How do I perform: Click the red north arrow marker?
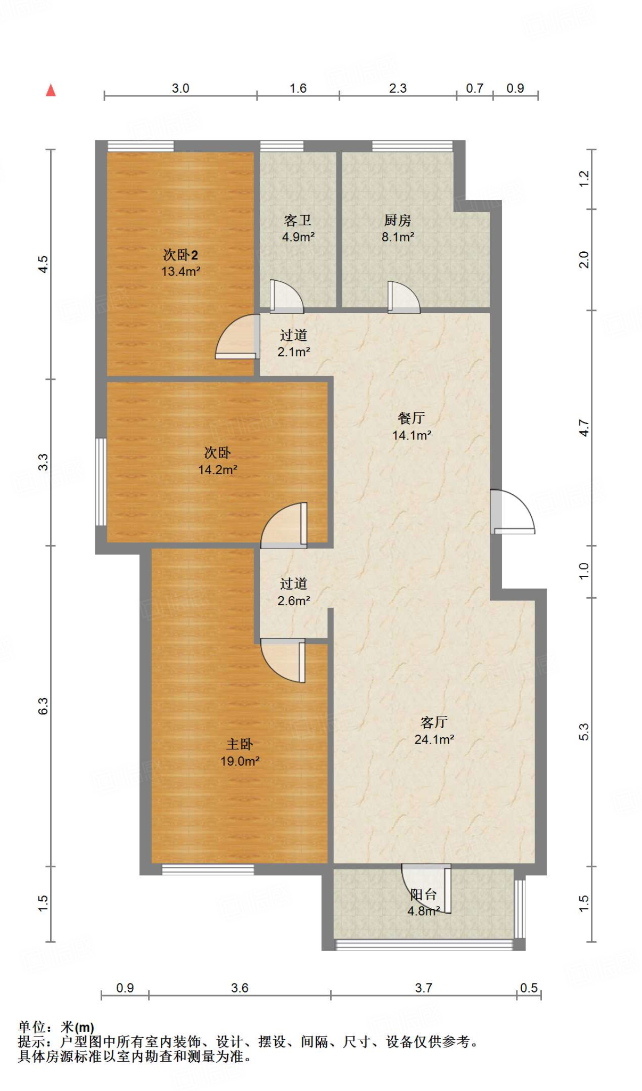pyautogui.click(x=51, y=91)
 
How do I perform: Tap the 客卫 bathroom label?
pyautogui.click(x=298, y=229)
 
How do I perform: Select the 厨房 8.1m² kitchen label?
pyautogui.click(x=398, y=229)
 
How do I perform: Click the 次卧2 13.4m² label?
pyautogui.click(x=180, y=263)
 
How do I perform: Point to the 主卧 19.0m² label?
pyautogui.click(x=240, y=752)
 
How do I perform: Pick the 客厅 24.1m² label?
pyautogui.click(x=434, y=730)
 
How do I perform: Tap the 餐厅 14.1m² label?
pyautogui.click(x=411, y=426)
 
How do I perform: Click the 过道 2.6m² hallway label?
pyautogui.click(x=293, y=592)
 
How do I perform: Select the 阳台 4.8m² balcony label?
pyautogui.click(x=424, y=902)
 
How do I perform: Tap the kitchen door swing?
pyautogui.click(x=403, y=297)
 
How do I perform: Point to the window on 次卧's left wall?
pyautogui.click(x=101, y=482)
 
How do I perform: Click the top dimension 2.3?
pyautogui.click(x=398, y=88)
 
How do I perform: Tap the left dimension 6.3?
pyautogui.click(x=43, y=706)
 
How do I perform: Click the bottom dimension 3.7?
pyautogui.click(x=424, y=988)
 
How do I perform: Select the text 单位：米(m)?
pyautogui.click(x=56, y=1027)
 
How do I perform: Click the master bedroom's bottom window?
pyautogui.click(x=208, y=869)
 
